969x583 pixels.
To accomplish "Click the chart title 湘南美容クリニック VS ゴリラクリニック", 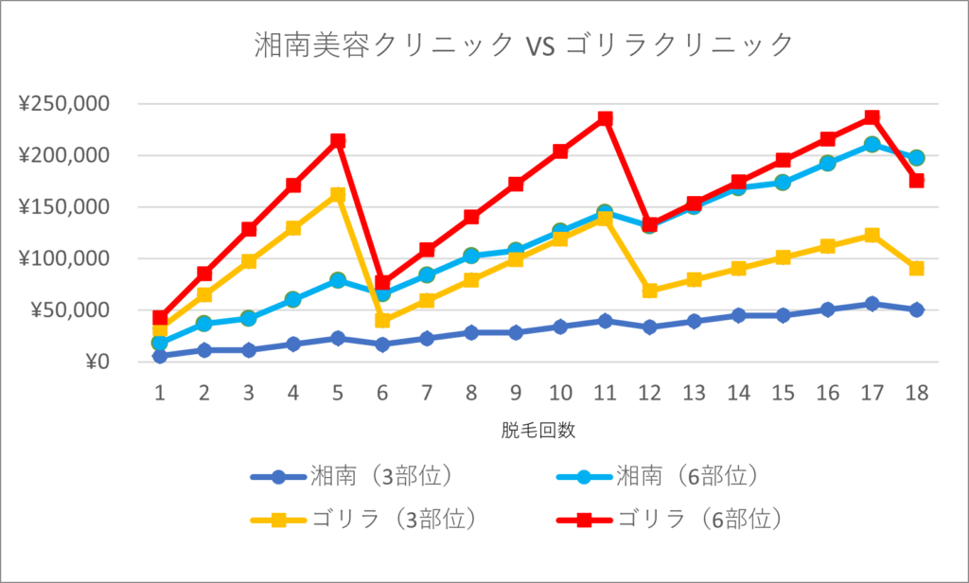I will [522, 44].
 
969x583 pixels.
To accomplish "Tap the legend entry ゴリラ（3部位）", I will [383, 518].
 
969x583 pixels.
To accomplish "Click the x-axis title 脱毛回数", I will [538, 431].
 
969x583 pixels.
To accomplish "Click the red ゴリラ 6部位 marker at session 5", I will [338, 141].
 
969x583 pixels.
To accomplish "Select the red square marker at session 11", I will [605, 119].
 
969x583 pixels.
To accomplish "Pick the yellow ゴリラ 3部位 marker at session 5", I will [338, 195].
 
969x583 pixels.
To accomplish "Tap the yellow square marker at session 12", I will [649, 291].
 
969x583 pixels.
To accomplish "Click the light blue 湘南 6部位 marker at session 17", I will [872, 145].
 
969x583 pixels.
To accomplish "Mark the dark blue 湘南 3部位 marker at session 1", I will [160, 356].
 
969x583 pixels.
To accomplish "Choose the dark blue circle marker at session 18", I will [916, 309].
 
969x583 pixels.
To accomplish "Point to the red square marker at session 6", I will [382, 282].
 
